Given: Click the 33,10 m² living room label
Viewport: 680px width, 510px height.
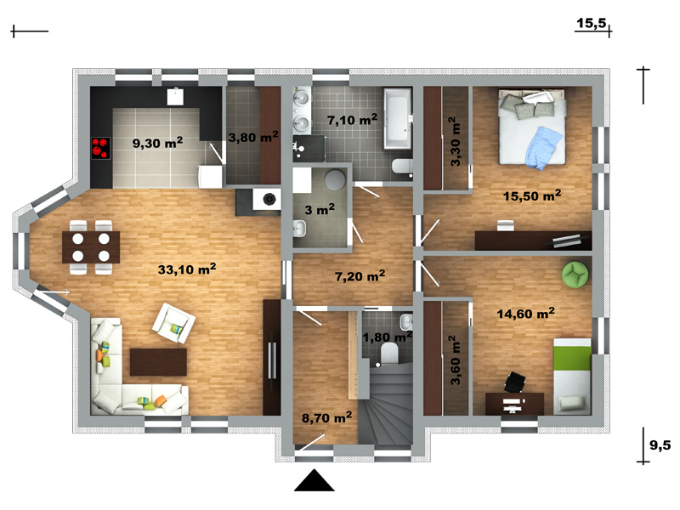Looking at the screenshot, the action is pos(187,269).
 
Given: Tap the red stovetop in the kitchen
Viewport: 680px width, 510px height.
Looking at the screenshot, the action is pos(101,148).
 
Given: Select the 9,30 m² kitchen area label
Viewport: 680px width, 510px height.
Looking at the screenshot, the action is pos(157,142).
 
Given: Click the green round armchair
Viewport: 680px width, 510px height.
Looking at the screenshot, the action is pos(575,274).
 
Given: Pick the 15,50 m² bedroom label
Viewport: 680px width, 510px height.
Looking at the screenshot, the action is pos(532,195).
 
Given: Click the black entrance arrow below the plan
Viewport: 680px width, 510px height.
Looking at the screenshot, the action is pos(314,480).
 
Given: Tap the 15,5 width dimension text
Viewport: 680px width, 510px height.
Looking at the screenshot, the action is pos(591,23).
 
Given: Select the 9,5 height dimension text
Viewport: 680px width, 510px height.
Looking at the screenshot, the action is pos(660,445).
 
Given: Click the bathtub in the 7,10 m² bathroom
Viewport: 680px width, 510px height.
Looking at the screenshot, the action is pos(398,118).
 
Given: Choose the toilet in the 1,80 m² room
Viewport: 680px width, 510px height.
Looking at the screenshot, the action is pos(389,353).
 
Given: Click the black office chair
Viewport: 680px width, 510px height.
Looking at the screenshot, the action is pos(515,382).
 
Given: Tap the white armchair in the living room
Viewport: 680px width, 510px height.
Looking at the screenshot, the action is pos(174,323).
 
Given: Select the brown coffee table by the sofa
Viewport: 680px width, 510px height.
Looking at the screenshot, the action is pos(158,362).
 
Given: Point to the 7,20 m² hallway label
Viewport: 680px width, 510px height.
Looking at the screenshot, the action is pos(360,275).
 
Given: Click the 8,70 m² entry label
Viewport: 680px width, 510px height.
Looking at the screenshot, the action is pos(327,417).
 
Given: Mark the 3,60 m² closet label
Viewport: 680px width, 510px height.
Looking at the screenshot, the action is pos(455,360).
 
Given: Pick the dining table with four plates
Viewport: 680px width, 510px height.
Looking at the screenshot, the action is pos(91,246).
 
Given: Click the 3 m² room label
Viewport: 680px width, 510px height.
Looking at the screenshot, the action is pos(320,209).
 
